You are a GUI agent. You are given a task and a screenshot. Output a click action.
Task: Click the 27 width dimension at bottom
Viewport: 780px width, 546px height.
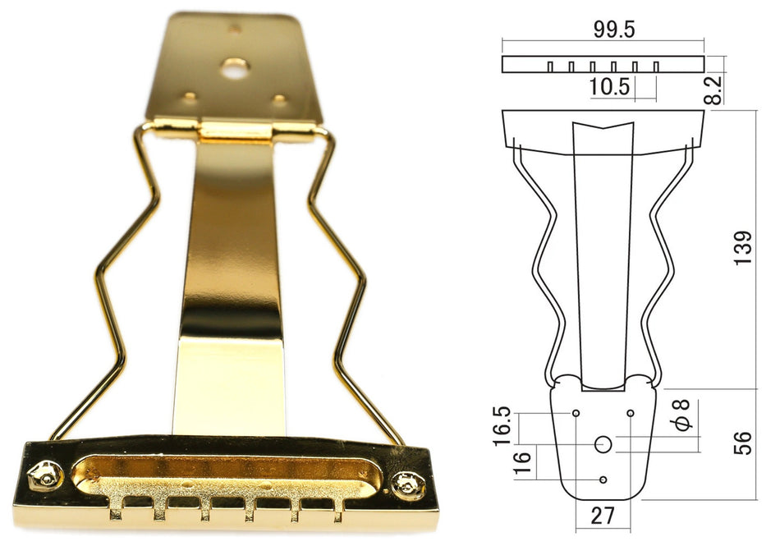click(x=603, y=517)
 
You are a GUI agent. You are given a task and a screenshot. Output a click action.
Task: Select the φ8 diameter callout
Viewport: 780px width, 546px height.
click(x=683, y=415)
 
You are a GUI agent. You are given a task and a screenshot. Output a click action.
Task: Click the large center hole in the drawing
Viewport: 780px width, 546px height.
click(x=603, y=444)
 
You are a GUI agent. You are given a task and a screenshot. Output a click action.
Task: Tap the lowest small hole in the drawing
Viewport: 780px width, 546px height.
click(x=603, y=479)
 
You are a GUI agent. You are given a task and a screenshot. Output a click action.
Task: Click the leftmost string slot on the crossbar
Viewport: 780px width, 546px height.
click(x=117, y=512)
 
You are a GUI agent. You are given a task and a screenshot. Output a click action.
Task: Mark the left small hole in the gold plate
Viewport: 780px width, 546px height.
click(x=190, y=96)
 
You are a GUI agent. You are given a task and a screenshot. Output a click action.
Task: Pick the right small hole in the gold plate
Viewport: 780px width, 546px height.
click(x=280, y=99)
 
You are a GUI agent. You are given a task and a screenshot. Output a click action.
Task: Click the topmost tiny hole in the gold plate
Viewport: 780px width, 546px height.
click(x=236, y=29)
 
